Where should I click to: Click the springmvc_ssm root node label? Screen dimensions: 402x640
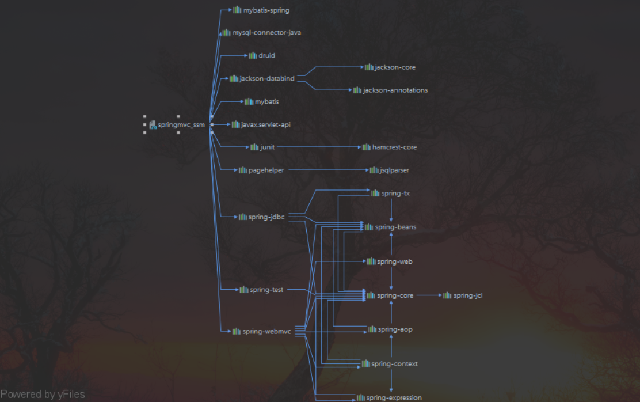click(x=181, y=124)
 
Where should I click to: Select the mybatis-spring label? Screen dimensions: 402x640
click(x=266, y=10)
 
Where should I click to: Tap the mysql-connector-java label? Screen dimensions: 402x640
click(x=266, y=33)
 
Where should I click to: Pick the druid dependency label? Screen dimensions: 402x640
click(x=266, y=56)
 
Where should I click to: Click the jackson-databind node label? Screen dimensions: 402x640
click(x=267, y=79)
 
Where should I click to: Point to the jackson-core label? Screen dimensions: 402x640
click(x=395, y=67)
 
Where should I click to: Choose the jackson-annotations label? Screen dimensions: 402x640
click(x=395, y=90)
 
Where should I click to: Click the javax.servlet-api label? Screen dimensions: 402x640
click(x=265, y=124)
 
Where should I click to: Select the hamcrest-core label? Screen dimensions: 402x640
click(x=394, y=147)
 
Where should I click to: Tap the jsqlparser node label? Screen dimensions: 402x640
click(x=394, y=170)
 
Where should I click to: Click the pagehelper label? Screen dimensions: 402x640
click(x=266, y=170)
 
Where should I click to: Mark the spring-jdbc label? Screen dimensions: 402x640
click(x=266, y=217)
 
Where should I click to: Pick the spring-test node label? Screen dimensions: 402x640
click(x=266, y=290)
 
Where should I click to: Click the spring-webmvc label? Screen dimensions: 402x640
click(x=266, y=332)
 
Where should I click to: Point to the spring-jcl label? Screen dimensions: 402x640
click(x=467, y=295)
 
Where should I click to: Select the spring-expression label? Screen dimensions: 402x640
click(x=394, y=398)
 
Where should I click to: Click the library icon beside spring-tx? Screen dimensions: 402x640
click(x=375, y=194)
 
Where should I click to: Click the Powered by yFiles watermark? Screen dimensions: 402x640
click(x=43, y=395)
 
